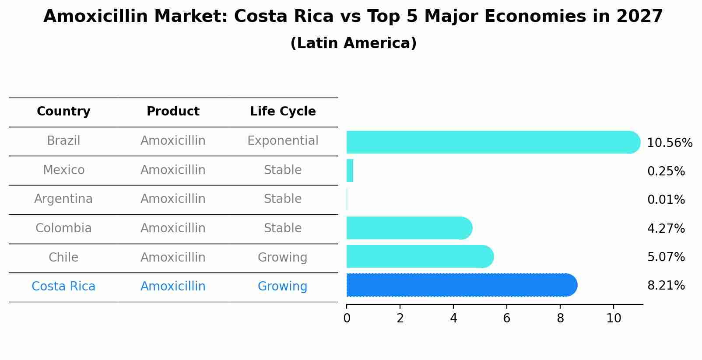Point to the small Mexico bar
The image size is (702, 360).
coord(350,171)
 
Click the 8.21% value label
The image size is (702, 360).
coord(666,286)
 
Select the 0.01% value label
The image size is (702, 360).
coord(666,200)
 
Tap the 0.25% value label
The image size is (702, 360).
coord(666,171)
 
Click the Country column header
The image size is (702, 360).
coord(63,112)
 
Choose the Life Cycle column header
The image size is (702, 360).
coord(283,112)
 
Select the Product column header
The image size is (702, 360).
coord(173,112)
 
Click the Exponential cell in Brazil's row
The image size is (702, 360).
coord(283,141)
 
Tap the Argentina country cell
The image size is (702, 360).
coord(63,199)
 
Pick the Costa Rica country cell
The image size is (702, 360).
coord(63,287)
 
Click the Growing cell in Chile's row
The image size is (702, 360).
coord(283,257)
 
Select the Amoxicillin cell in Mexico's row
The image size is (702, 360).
coord(173,170)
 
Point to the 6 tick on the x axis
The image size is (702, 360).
coord(507,318)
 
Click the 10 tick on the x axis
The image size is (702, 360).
coord(614,318)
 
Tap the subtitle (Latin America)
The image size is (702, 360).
coord(353,43)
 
